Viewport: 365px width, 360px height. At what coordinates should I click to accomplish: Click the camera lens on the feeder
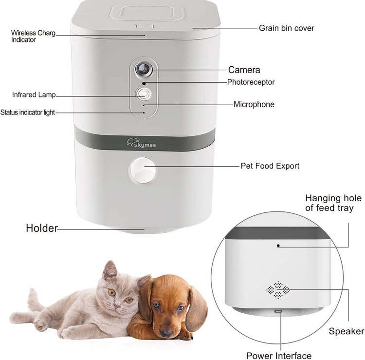pos(144,69)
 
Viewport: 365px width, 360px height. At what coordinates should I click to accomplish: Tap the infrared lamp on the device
pos(144,94)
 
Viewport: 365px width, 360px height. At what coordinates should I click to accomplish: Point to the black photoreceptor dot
pos(144,83)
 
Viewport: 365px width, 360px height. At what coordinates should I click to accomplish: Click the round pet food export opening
pos(143,171)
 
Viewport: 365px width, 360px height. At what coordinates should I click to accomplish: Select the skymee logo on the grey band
pos(141,143)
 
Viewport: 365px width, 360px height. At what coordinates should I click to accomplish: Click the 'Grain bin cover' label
pos(287,28)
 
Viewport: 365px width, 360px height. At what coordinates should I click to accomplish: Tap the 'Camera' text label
pos(244,70)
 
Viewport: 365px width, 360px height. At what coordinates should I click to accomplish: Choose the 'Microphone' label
pos(254,104)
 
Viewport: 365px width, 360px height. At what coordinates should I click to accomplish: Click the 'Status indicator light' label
pos(27,113)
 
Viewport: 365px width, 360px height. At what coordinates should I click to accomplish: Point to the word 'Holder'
pos(42,228)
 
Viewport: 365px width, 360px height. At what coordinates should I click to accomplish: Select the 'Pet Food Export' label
pos(270,166)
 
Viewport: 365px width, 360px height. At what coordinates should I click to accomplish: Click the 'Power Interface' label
pos(279,356)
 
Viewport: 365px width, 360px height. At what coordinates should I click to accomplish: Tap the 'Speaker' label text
pos(347,331)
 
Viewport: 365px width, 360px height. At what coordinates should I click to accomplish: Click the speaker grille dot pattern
pos(278,290)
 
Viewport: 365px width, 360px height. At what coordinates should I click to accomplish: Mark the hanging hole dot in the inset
pos(278,246)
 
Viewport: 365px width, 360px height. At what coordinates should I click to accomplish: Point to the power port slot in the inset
pos(278,311)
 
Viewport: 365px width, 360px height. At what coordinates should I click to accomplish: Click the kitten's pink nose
pos(117,305)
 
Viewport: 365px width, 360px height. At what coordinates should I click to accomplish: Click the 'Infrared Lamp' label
pos(34,95)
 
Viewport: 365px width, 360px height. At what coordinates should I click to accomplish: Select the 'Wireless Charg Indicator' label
pos(33,36)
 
